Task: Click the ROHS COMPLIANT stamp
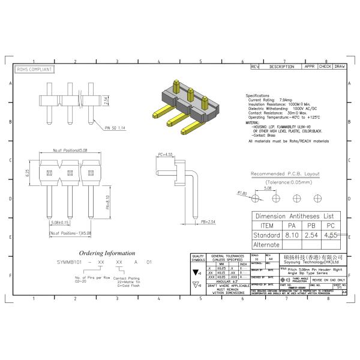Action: point(34,69)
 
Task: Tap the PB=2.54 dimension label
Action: point(208,221)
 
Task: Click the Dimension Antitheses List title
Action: point(295,215)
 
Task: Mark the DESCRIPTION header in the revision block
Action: point(281,67)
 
